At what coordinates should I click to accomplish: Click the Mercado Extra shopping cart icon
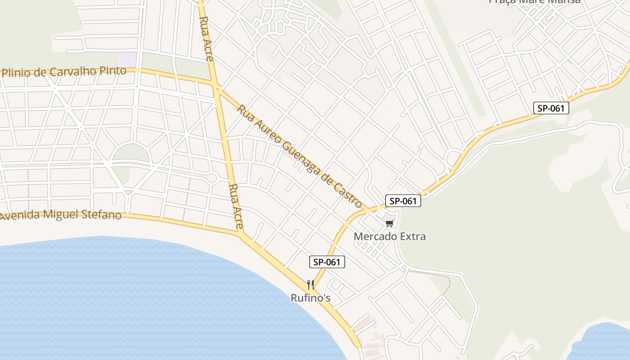tap(389, 223)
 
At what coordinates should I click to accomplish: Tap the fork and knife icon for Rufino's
tap(310, 284)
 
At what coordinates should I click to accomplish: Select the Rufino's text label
tap(310, 297)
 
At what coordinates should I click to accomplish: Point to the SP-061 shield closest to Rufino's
tap(327, 262)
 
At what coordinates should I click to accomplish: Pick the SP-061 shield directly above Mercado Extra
tap(403, 201)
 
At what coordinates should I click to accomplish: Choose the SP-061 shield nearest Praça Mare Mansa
tap(551, 108)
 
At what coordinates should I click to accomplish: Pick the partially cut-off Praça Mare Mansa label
tap(535, 2)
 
